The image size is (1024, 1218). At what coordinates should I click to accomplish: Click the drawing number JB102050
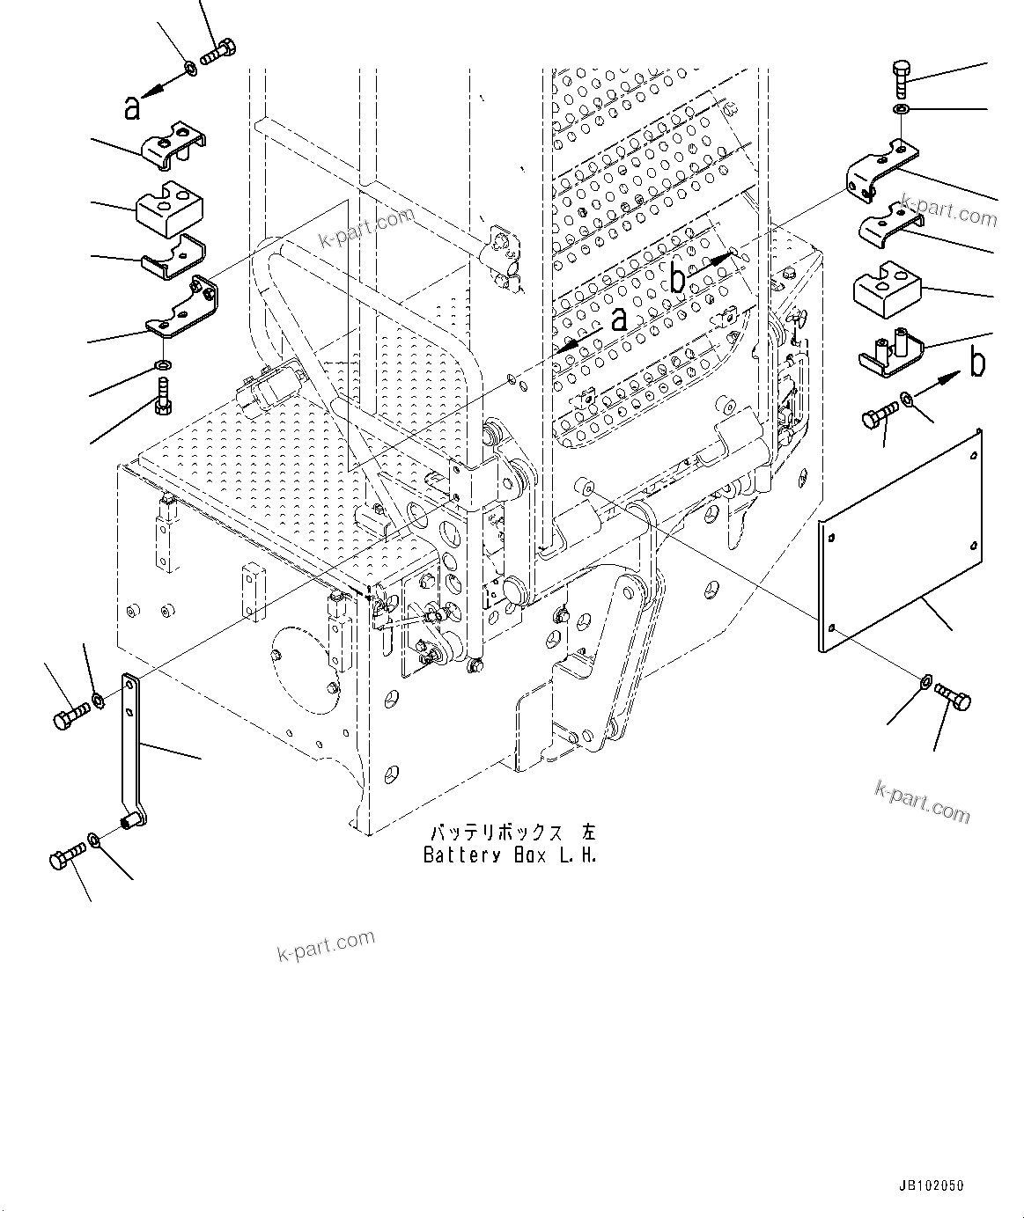point(931,1186)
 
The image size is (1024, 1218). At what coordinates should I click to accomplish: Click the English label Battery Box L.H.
point(510,855)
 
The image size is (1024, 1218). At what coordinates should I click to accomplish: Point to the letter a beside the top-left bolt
point(131,107)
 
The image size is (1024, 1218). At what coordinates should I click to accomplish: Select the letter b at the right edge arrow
point(977,362)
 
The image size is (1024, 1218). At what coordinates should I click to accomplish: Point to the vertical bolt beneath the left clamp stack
point(162,394)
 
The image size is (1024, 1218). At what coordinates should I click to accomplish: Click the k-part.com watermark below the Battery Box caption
point(326,946)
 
